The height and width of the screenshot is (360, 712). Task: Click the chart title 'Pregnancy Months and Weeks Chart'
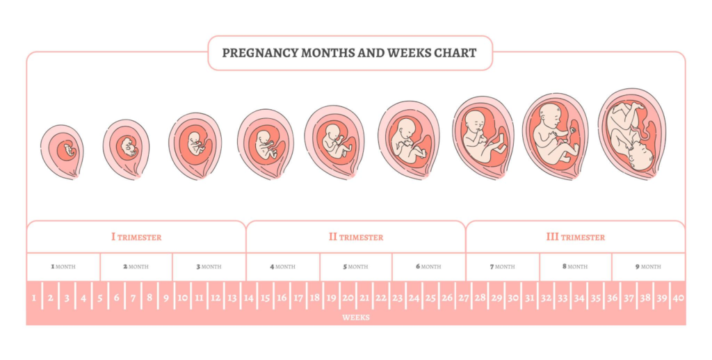pos(349,53)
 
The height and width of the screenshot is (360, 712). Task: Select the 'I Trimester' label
pos(136,237)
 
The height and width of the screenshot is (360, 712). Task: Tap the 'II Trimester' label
pos(355,237)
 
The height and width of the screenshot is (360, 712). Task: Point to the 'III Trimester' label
pos(575,237)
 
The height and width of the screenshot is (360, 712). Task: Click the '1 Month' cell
pos(63,266)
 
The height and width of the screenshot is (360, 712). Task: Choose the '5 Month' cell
pos(355,266)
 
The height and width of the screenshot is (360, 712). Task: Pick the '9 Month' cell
pos(648,266)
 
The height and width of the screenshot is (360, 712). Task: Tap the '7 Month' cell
pos(502,266)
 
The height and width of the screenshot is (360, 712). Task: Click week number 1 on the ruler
pos(34,298)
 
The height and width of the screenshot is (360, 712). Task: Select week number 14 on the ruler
pos(248,298)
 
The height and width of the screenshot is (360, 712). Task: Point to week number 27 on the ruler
pos(463,298)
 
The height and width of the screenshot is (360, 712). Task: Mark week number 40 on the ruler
pos(678,298)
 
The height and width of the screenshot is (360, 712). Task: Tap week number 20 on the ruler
pos(348,298)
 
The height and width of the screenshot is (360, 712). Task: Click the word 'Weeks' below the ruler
pos(355,318)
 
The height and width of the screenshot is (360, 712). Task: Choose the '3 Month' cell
pos(209,266)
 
